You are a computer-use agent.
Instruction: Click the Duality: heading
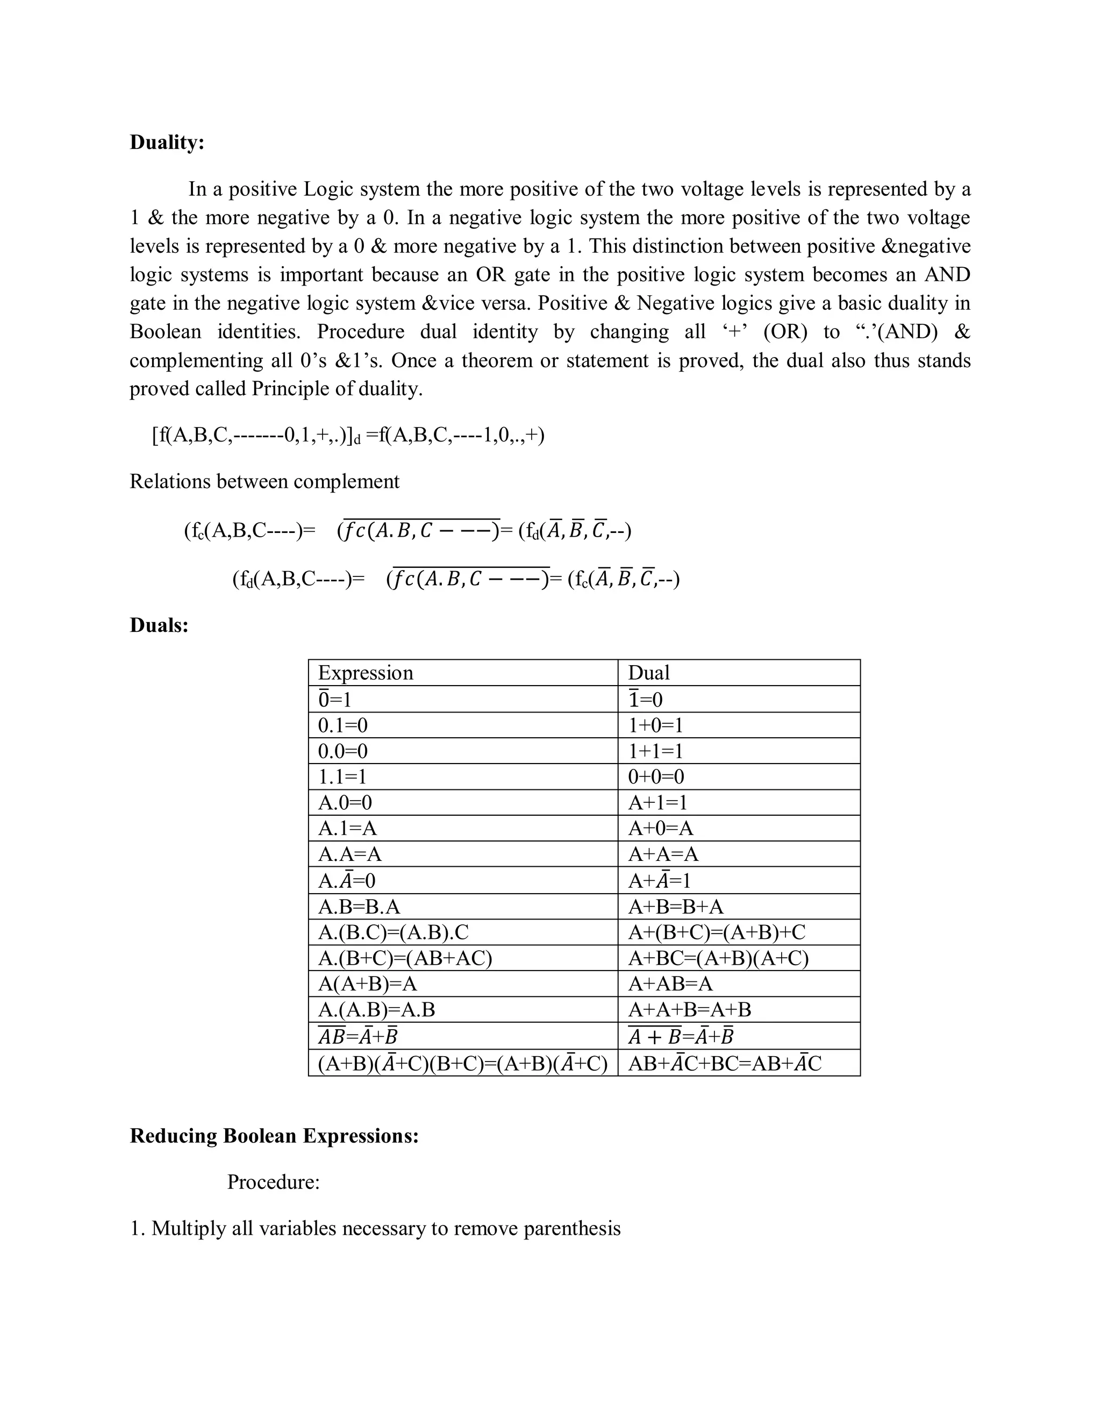tap(167, 142)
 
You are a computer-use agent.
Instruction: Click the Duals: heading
tap(159, 625)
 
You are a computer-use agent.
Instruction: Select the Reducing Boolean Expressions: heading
tap(274, 1135)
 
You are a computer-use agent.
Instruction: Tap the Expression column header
tap(365, 673)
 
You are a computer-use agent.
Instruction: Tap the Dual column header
tap(648, 673)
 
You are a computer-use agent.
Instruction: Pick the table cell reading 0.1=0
tap(342, 725)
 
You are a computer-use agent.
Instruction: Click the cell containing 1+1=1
tap(655, 751)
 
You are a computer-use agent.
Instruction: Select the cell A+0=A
tap(660, 828)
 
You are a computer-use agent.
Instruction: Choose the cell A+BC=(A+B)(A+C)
tap(718, 958)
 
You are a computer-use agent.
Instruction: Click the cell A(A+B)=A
tap(367, 984)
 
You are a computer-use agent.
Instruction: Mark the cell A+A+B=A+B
tap(689, 1009)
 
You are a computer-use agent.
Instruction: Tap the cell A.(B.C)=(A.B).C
tap(394, 932)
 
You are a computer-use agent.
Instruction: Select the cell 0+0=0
tap(655, 776)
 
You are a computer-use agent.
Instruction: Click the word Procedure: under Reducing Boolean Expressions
tap(273, 1181)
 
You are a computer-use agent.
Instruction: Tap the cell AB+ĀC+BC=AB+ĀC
tap(724, 1064)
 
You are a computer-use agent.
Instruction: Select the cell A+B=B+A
tap(675, 906)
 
